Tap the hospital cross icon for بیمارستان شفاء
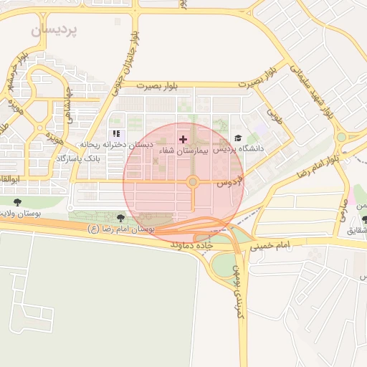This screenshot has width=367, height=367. [x=183, y=138]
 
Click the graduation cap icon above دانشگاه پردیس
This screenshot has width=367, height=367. [x=238, y=138]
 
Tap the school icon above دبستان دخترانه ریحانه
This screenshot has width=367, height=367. [x=116, y=134]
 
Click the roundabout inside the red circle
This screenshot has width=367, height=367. [x=192, y=182]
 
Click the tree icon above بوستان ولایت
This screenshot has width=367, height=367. [x=17, y=203]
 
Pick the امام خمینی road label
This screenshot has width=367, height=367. [x=271, y=245]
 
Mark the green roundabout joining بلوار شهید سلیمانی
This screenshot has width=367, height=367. [x=341, y=137]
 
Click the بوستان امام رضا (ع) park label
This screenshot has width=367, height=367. [x=120, y=229]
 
